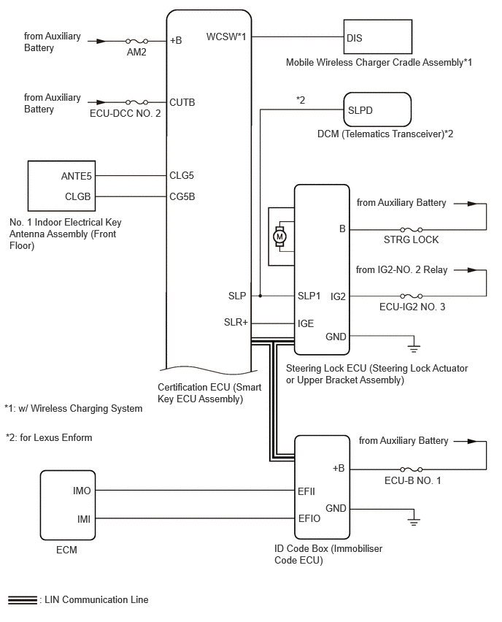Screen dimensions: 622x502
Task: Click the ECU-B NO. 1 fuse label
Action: point(412,480)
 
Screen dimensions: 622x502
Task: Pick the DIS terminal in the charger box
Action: point(354,38)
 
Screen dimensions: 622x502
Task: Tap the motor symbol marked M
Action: point(279,236)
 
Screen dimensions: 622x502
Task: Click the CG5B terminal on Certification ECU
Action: point(182,196)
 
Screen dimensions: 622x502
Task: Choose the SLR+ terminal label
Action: point(236,322)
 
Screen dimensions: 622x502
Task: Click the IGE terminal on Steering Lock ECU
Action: point(306,322)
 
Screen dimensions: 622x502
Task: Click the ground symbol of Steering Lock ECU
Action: point(414,343)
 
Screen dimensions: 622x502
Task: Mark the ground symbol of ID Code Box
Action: point(414,521)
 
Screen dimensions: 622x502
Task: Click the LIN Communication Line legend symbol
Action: point(22,600)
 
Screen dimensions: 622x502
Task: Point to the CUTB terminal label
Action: point(182,102)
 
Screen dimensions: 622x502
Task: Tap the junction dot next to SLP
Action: point(260,296)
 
